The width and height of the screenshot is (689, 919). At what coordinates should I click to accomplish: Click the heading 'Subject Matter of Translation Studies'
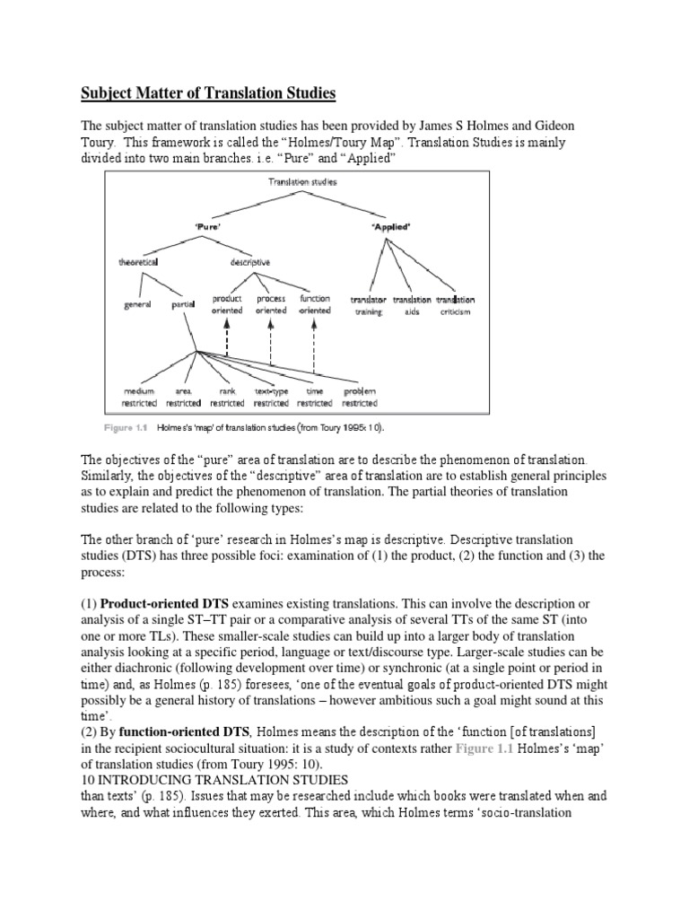208,92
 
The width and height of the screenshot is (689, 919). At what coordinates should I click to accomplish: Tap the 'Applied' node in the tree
390,227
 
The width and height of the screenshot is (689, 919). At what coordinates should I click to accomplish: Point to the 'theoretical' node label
139,263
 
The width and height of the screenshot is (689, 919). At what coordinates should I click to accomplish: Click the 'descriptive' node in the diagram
249,263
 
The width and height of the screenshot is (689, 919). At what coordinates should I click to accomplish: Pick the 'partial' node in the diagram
182,305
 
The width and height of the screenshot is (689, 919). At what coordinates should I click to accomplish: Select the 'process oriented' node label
271,304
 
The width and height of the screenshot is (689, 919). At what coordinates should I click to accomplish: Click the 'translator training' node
368,305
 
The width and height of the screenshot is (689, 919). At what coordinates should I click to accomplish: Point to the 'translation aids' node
412,305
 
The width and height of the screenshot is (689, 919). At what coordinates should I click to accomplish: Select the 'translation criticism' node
455,305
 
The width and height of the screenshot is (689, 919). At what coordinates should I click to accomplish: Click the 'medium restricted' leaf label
139,398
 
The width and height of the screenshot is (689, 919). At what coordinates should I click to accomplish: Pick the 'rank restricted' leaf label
225,398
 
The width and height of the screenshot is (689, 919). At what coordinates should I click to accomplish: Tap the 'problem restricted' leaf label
358,398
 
